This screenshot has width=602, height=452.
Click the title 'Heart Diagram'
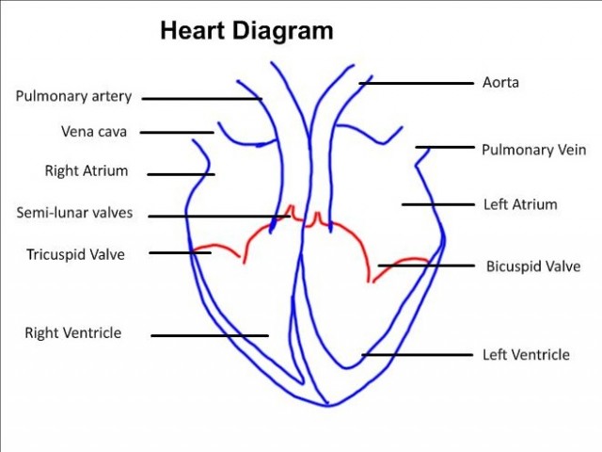click(x=246, y=31)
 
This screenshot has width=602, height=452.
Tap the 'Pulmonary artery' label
click(x=73, y=96)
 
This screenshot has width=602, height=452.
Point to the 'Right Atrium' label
click(x=87, y=171)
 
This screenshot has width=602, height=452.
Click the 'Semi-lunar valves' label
click(x=75, y=213)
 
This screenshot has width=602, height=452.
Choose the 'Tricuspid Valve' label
click(x=75, y=253)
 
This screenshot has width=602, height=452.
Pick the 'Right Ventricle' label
click(x=73, y=332)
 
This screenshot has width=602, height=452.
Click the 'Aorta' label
click(x=500, y=83)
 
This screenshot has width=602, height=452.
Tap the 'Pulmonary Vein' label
click(x=533, y=150)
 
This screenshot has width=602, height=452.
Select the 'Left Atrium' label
click(x=520, y=203)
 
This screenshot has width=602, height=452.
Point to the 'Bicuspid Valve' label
click(x=533, y=266)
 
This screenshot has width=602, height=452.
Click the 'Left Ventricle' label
click(x=526, y=355)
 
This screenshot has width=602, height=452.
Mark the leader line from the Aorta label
click(x=416, y=83)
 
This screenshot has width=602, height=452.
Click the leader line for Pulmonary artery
click(x=201, y=98)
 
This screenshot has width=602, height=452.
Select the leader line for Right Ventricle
click(x=210, y=334)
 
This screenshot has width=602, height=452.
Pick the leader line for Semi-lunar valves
click(x=219, y=216)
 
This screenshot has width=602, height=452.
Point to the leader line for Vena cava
click(x=178, y=133)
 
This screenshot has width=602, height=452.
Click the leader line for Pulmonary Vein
click(x=445, y=147)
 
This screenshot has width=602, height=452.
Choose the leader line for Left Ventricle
click(x=417, y=355)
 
